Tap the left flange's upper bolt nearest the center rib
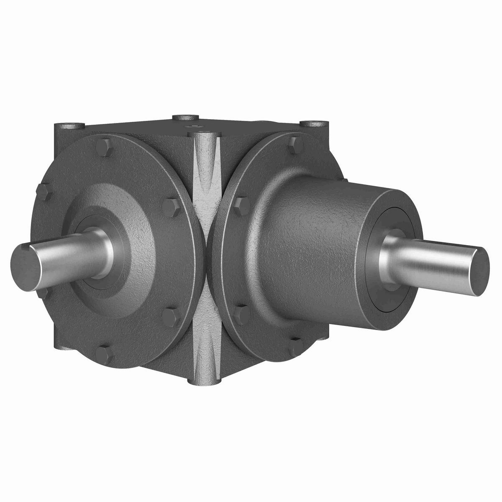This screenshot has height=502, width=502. pyautogui.click(x=171, y=207)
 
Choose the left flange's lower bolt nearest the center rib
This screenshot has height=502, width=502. pyautogui.click(x=171, y=316)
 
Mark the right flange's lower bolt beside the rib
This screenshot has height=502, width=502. pyautogui.click(x=242, y=314)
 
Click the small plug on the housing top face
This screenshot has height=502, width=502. pyautogui.click(x=195, y=125)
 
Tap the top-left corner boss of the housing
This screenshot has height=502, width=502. pyautogui.click(x=68, y=125)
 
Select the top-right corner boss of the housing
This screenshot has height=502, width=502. pyautogui.click(x=313, y=124)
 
